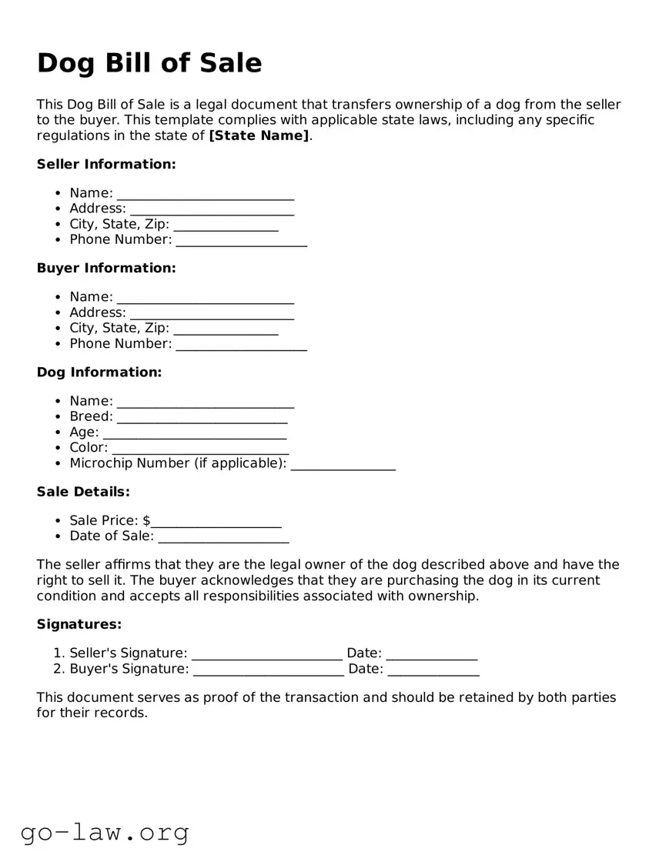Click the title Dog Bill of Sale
(x=149, y=63)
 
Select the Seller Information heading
(x=106, y=164)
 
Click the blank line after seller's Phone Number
(x=241, y=241)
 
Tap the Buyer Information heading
(x=106, y=268)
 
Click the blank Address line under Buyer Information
(x=212, y=314)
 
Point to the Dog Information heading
(x=99, y=372)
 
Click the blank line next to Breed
(x=202, y=418)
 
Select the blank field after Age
(x=195, y=433)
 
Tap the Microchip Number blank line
(x=343, y=464)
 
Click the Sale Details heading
(x=83, y=491)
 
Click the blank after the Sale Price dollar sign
(x=216, y=522)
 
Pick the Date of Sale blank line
(x=223, y=537)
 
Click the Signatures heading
(x=79, y=624)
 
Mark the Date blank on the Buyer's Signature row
(x=433, y=670)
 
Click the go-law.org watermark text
(x=105, y=832)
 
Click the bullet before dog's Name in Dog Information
(x=59, y=401)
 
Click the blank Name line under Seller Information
(x=205, y=194)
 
